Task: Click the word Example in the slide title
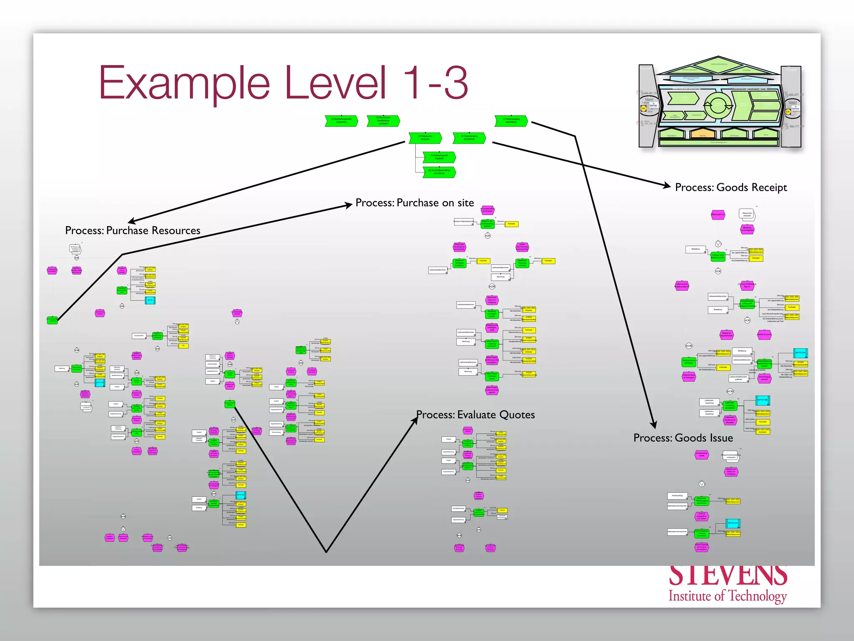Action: tap(184, 83)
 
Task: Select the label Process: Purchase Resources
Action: tap(133, 230)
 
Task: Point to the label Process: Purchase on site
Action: tap(414, 203)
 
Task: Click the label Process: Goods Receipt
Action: tap(731, 187)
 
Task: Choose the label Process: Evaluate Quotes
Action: tap(475, 414)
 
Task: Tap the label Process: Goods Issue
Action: tap(683, 438)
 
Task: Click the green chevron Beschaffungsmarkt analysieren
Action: tap(341, 121)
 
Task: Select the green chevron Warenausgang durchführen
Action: tap(469, 138)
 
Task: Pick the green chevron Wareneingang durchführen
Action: tap(511, 121)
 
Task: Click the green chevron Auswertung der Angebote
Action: tap(439, 157)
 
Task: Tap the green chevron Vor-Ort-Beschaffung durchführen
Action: tap(439, 172)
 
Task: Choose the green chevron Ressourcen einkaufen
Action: tap(425, 138)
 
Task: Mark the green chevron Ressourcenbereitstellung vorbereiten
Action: tap(383, 121)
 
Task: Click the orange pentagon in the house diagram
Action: tap(702, 134)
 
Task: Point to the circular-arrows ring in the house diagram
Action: tap(717, 104)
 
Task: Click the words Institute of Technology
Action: tap(727, 596)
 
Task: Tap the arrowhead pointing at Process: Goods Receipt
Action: tap(668, 186)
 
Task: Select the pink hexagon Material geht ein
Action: tap(718, 215)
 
